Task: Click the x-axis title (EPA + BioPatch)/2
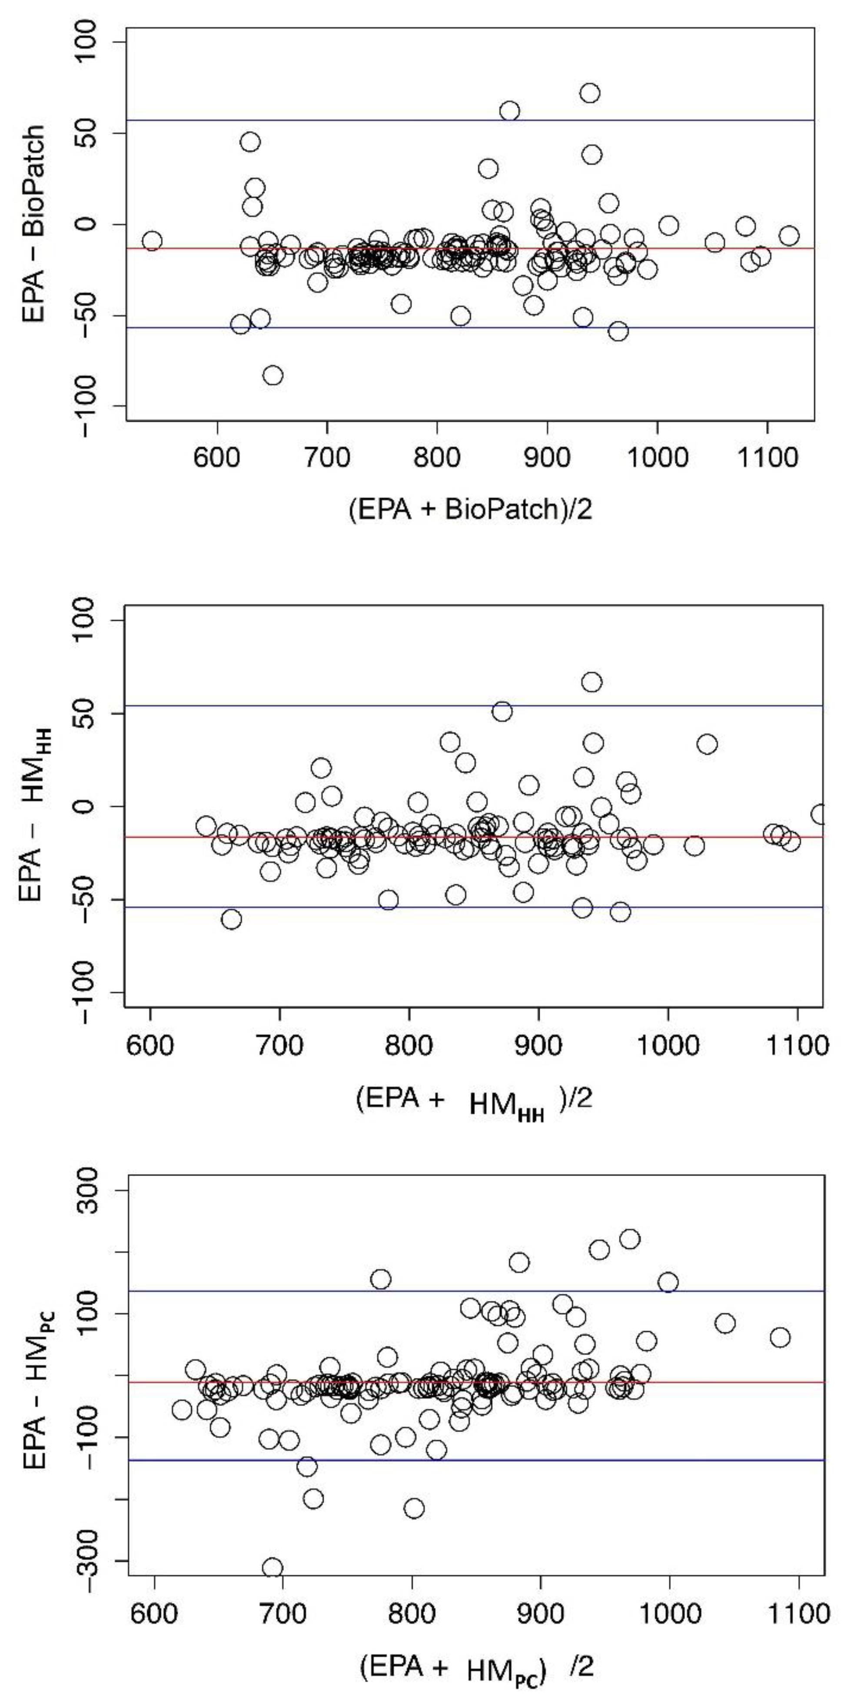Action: tap(470, 509)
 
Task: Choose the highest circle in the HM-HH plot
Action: tap(592, 682)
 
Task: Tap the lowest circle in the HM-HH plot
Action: tap(231, 919)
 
